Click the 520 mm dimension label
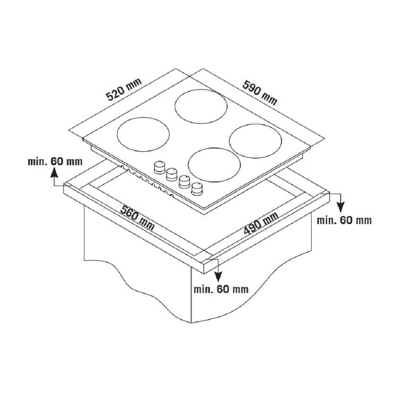point(124,89)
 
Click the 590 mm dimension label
point(259,92)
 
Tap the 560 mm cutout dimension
point(137,218)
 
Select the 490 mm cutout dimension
point(261,223)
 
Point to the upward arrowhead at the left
point(54,174)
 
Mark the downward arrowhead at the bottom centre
point(218,276)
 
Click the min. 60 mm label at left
point(55,162)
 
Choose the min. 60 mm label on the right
point(344,220)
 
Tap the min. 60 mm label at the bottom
point(221,289)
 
